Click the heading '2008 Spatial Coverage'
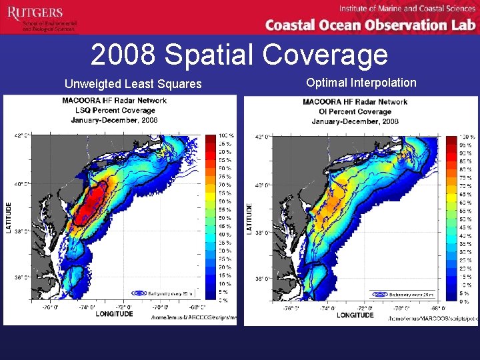pyautogui.click(x=239, y=55)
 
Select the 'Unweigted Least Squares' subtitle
pyautogui.click(x=133, y=84)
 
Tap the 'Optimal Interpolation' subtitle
pyautogui.click(x=361, y=83)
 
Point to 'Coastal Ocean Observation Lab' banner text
pyautogui.click(x=370, y=25)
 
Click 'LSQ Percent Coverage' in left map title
pyautogui.click(x=114, y=111)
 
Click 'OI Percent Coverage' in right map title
pyautogui.click(x=355, y=111)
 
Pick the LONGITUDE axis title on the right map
pyautogui.click(x=355, y=315)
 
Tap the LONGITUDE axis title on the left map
pyautogui.click(x=114, y=313)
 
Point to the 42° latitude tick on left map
pyautogui.click(x=21, y=135)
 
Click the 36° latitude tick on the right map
pyautogui.click(x=263, y=278)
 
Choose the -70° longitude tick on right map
pyautogui.click(x=399, y=309)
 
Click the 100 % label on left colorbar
pyautogui.click(x=227, y=136)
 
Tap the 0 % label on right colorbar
pyautogui.click(x=464, y=302)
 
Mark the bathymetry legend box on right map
pyautogui.click(x=403, y=294)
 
